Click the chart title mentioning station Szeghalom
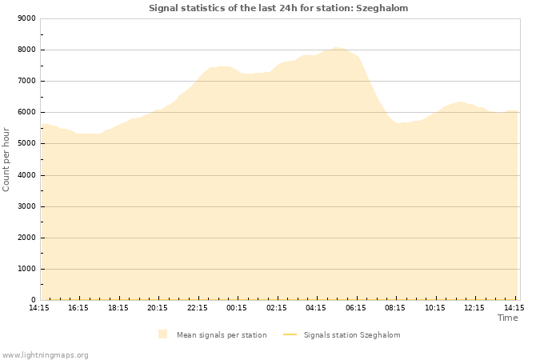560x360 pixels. (278, 8)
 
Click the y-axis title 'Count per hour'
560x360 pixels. (6, 159)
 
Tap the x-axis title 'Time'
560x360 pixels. (507, 318)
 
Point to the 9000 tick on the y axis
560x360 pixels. (26, 18)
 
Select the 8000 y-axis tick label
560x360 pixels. (26, 50)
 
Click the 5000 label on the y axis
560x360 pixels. (26, 143)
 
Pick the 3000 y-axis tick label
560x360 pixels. (26, 206)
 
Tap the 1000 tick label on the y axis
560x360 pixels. (26, 269)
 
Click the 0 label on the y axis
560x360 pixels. (33, 300)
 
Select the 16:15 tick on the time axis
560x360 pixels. (78, 307)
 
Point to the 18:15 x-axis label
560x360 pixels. (118, 307)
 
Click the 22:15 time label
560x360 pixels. (198, 307)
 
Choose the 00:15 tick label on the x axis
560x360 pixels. (237, 307)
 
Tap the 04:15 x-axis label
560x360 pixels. (316, 307)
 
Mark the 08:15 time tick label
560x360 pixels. (395, 307)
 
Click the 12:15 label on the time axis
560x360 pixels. (474, 307)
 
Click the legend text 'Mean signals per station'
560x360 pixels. (222, 335)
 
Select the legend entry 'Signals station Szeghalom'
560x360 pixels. (352, 335)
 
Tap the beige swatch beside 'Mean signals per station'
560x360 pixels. (163, 334)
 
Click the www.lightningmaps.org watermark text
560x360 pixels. (46, 354)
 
